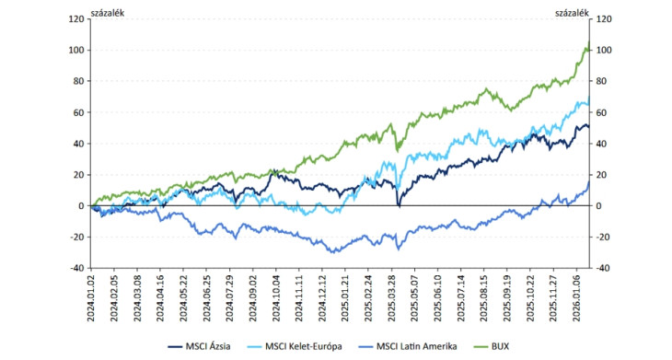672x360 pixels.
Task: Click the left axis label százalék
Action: click(x=109, y=12)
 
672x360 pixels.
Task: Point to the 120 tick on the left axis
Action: click(x=76, y=19)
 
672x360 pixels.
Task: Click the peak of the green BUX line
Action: click(x=586, y=47)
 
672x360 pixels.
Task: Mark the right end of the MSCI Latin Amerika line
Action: click(x=589, y=182)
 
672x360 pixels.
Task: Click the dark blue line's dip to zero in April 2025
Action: click(x=399, y=204)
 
